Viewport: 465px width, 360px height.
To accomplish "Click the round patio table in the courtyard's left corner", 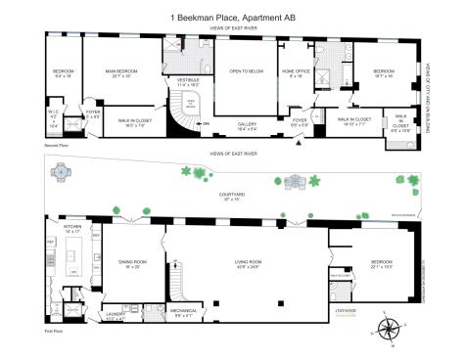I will pyautogui.click(x=60, y=172).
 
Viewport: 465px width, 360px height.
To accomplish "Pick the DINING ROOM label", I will pyautogui.click(x=130, y=262).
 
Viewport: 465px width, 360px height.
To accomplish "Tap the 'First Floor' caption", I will pyautogui.click(x=54, y=332).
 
